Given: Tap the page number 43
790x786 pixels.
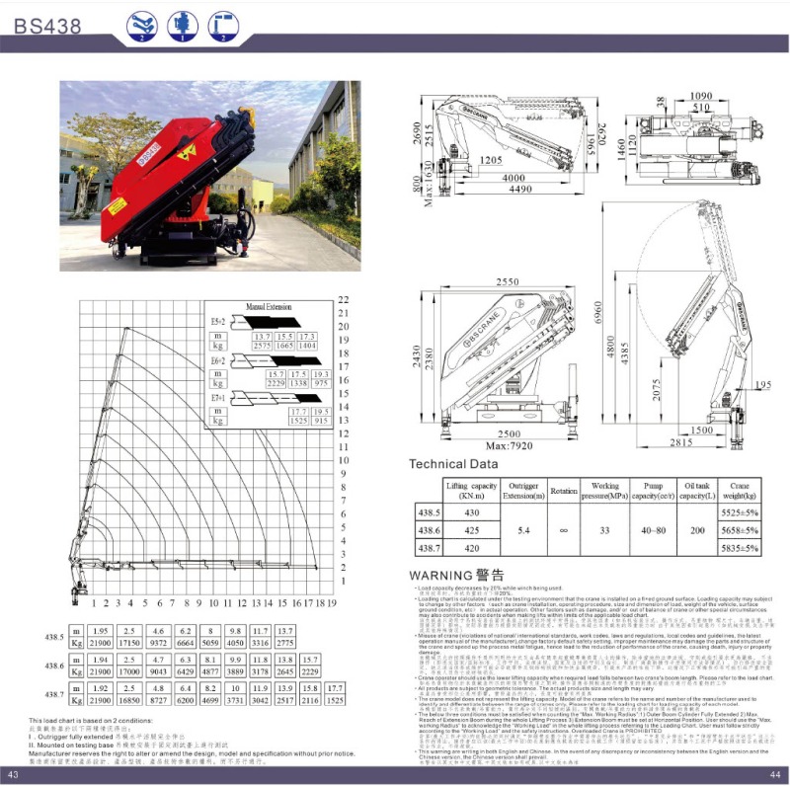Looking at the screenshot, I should [x=13, y=773].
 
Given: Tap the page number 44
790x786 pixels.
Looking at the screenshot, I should [x=775, y=773].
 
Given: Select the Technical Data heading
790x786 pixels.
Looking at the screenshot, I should [x=453, y=463].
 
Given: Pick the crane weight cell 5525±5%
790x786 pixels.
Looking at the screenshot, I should [x=740, y=514].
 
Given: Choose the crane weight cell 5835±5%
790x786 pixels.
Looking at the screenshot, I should [x=740, y=547].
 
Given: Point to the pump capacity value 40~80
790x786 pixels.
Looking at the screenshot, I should [x=653, y=530].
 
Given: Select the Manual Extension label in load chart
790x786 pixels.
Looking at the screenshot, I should [x=270, y=307].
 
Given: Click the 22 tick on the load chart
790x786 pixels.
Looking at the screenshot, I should [x=345, y=298].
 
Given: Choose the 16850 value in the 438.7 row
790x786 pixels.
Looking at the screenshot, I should [x=129, y=699].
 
